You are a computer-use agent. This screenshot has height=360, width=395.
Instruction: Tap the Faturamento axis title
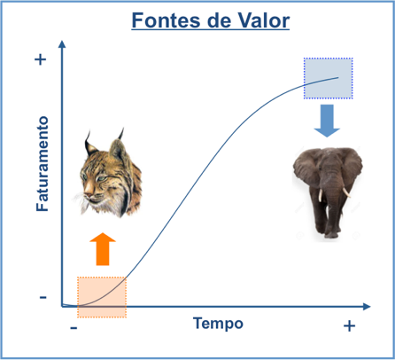43,164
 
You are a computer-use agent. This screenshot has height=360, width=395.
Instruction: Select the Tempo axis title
218,324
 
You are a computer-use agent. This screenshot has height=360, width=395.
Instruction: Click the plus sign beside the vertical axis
41,59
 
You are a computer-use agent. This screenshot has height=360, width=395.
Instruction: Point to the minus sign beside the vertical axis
43,297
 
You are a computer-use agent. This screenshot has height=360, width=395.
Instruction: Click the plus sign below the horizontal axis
349,326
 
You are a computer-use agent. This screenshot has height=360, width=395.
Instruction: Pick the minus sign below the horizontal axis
74,328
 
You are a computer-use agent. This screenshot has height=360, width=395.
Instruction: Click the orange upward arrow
103,249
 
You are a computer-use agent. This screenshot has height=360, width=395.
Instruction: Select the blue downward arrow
327,121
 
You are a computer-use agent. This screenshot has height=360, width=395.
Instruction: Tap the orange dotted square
102,297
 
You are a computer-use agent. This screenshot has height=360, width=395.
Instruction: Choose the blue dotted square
329,78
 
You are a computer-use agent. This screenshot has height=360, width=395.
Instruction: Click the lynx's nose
89,195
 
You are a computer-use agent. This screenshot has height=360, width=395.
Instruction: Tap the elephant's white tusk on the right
347,192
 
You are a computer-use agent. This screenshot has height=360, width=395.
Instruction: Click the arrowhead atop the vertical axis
62,44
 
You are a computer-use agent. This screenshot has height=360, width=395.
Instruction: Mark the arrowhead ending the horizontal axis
367,307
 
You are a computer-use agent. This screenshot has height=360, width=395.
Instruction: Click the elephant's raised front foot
331,234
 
